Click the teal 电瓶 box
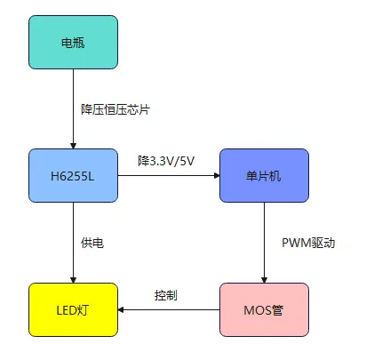pyautogui.click(x=73, y=42)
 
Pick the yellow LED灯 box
pyautogui.click(x=73, y=309)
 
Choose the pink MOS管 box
pyautogui.click(x=264, y=309)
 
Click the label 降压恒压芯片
pyautogui.click(x=115, y=109)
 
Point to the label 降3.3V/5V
pyautogui.click(x=166, y=161)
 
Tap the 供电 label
pyautogui.click(x=92, y=242)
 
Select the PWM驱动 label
pyautogui.click(x=306, y=242)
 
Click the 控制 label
pyautogui.click(x=166, y=294)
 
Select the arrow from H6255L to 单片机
pyautogui.click(x=169, y=175)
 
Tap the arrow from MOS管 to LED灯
pyautogui.click(x=169, y=309)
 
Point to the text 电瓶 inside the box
pyautogui.click(x=73, y=42)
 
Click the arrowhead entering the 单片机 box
pyautogui.click(x=215, y=175)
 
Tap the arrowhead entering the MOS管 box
pyautogui.click(x=264, y=278)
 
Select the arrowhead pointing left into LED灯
pyautogui.click(x=123, y=309)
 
